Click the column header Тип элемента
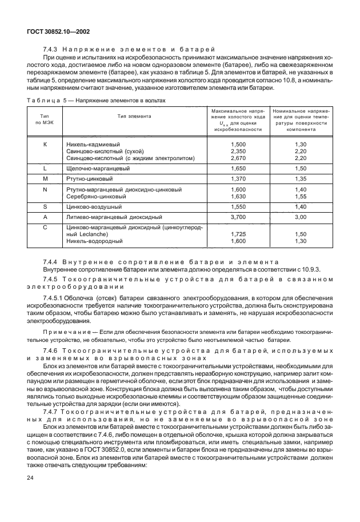tap(134, 115)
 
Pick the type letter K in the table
tap(45, 144)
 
